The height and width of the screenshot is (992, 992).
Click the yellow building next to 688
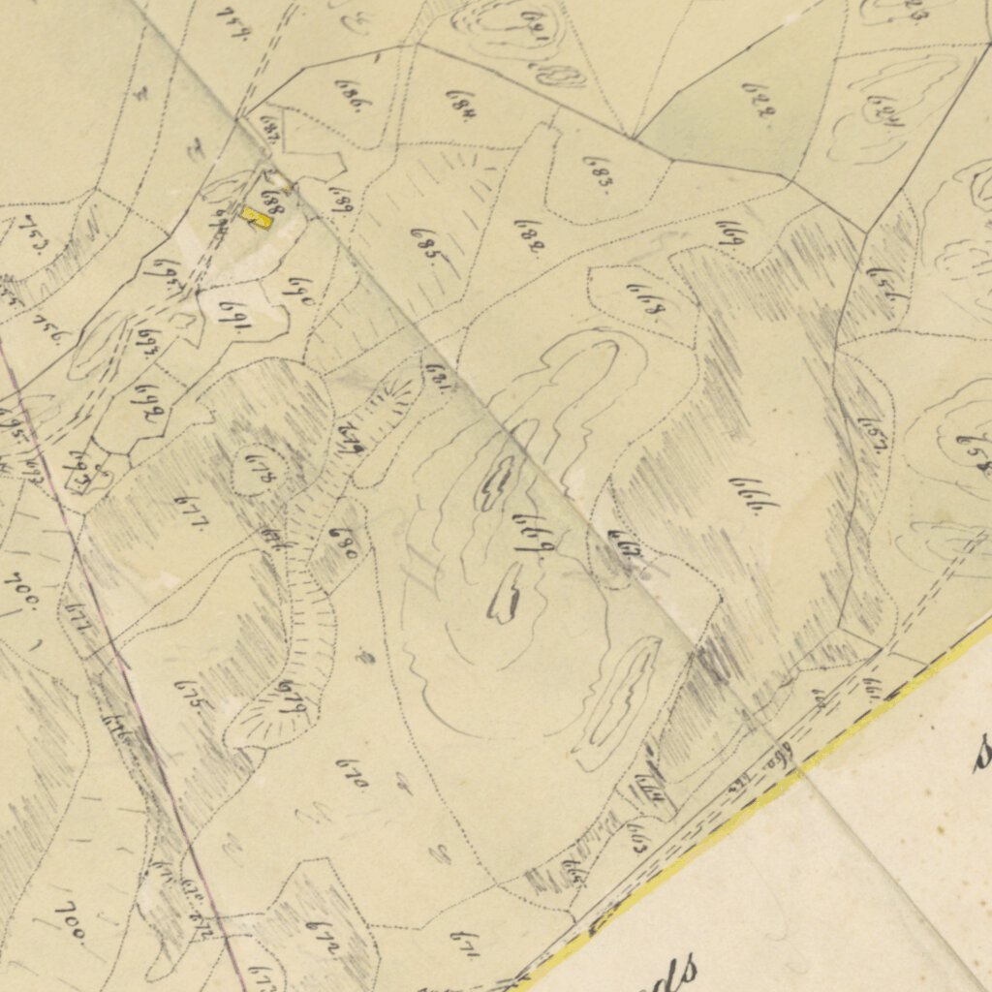(x=257, y=218)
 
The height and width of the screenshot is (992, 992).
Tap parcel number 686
(x=349, y=96)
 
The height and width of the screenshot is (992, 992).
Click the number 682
(x=527, y=235)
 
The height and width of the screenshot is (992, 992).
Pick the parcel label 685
(x=424, y=241)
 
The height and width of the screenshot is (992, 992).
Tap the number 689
(x=343, y=201)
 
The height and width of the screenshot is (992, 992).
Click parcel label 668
(x=645, y=300)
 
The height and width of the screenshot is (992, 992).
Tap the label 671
(x=464, y=944)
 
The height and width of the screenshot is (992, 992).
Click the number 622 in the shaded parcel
(x=759, y=100)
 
